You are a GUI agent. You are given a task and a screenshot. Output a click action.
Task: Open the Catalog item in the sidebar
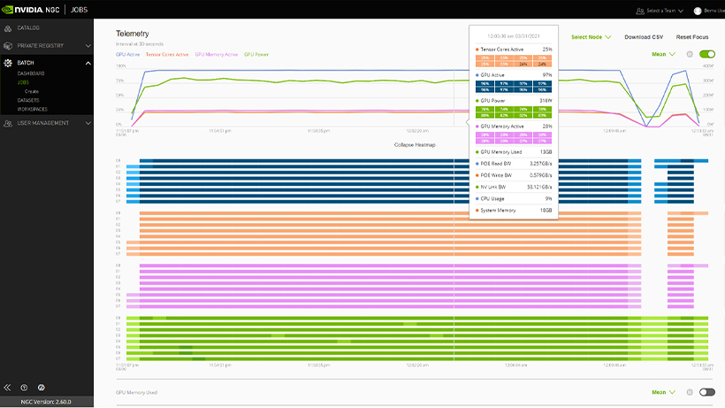(x=28, y=27)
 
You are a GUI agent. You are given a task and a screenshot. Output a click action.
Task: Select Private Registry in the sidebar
(x=41, y=45)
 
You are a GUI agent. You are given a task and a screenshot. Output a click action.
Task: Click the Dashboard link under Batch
(x=31, y=73)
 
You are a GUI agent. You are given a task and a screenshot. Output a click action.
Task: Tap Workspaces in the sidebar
(x=34, y=108)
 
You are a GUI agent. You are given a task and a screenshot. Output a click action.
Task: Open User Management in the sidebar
(x=42, y=123)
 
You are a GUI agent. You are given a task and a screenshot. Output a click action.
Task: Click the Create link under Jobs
(x=32, y=91)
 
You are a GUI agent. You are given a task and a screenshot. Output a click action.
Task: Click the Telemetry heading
(x=132, y=34)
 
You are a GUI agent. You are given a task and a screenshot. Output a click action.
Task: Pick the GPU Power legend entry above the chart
(x=256, y=54)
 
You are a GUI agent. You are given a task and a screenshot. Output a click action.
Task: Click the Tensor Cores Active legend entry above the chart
(x=167, y=54)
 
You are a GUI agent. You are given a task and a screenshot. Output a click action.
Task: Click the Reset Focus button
(x=692, y=37)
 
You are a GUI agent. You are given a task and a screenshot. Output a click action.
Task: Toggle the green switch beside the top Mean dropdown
(x=706, y=54)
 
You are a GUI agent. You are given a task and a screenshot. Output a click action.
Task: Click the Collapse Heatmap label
(x=417, y=143)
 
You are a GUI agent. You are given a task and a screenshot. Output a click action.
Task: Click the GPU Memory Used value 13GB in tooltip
(x=546, y=152)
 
